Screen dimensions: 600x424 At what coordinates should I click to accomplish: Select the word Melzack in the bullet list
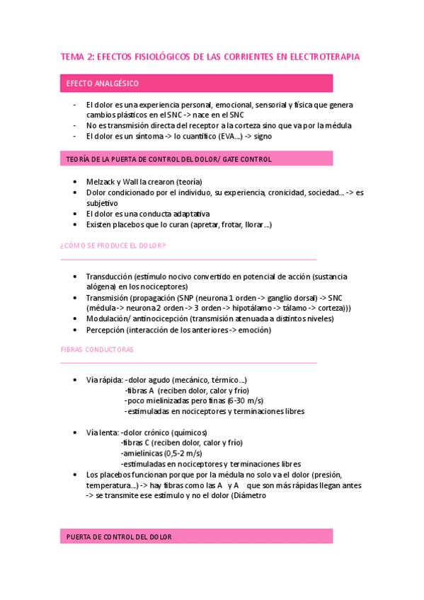click(x=101, y=181)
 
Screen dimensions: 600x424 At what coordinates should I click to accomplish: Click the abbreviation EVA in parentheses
click(x=229, y=136)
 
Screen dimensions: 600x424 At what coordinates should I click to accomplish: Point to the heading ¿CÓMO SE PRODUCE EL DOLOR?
click(x=113, y=246)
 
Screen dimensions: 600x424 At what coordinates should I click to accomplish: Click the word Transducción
click(x=109, y=277)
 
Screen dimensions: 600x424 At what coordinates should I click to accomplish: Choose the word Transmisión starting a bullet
click(x=108, y=298)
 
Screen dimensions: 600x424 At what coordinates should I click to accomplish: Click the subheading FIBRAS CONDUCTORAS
click(x=97, y=350)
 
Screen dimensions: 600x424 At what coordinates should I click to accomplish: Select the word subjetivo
click(x=103, y=202)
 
